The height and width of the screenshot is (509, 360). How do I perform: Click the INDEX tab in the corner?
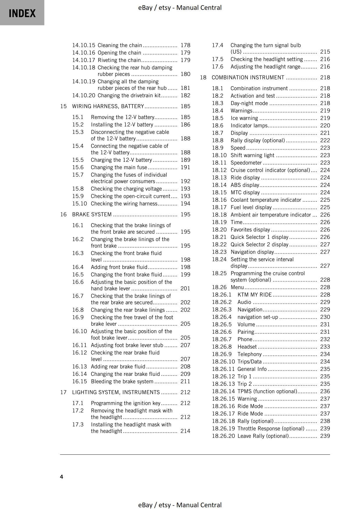22,13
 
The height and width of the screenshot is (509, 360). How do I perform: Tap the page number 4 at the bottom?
62,477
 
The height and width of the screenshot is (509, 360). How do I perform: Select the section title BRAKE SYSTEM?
92,214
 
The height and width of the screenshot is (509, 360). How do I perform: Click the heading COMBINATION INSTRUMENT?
248,77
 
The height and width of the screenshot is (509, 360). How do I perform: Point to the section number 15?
63,106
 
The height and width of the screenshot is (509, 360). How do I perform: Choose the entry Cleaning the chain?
120,45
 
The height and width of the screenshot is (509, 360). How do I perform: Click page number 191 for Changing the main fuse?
185,167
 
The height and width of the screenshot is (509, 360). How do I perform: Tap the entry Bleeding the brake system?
122,382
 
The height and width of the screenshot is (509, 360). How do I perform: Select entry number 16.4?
78,267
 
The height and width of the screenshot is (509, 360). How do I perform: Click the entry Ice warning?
244,118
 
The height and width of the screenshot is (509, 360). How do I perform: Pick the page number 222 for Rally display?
325,140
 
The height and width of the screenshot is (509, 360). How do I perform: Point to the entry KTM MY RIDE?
255,295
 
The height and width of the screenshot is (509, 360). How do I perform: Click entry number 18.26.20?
223,436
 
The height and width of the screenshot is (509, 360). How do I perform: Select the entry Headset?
247,347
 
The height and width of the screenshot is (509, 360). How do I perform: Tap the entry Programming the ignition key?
126,403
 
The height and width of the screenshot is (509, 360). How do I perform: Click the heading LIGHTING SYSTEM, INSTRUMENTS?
116,392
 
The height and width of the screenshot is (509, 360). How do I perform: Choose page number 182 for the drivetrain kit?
185,95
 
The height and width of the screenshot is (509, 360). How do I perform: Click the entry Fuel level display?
251,207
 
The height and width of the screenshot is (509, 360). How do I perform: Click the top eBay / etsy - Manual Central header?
180,8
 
